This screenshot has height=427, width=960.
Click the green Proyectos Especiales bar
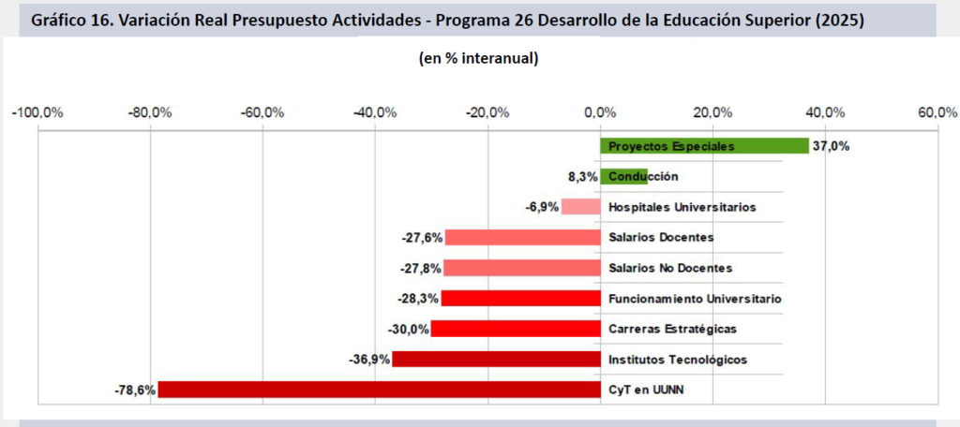(x=703, y=146)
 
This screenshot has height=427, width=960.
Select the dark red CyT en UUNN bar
(x=379, y=390)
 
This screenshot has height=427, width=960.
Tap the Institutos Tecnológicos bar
(x=496, y=360)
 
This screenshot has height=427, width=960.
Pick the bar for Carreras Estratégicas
(x=515, y=329)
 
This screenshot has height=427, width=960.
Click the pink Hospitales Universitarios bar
(x=580, y=207)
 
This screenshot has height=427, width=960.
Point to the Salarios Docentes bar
(x=522, y=237)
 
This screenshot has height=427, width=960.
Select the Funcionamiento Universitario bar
(x=520, y=299)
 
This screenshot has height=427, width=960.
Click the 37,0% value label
(x=831, y=146)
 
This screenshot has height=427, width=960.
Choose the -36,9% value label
(x=369, y=360)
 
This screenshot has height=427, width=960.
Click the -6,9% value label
(x=542, y=207)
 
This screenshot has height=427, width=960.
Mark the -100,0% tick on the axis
(x=37, y=113)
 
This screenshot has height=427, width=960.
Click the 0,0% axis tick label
(x=600, y=113)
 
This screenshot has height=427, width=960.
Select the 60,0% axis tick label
(x=937, y=113)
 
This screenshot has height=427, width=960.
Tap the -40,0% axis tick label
(x=375, y=113)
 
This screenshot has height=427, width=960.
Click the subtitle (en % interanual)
(x=478, y=59)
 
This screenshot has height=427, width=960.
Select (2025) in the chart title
(x=839, y=20)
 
